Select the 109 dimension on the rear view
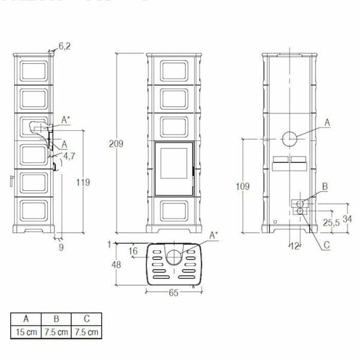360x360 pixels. [242, 187]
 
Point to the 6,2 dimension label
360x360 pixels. [65, 46]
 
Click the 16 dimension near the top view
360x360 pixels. [133, 251]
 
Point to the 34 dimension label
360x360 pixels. [347, 217]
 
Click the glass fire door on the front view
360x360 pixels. [173, 170]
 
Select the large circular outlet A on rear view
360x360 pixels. [291, 138]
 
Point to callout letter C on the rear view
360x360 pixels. [326, 245]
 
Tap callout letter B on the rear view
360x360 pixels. [325, 187]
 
